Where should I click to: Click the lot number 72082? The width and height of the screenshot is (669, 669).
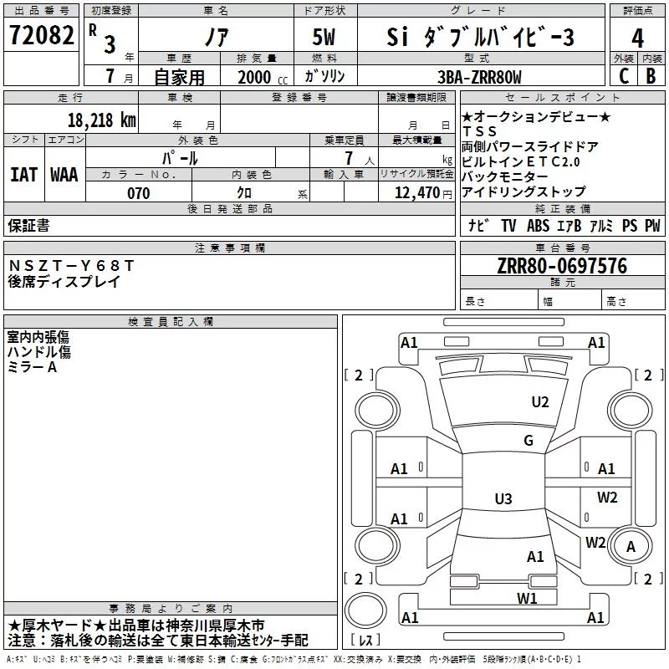(41, 36)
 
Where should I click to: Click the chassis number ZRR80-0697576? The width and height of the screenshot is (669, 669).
(562, 266)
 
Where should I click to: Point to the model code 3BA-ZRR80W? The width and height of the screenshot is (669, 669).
(479, 77)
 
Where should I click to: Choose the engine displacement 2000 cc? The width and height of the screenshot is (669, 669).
(256, 77)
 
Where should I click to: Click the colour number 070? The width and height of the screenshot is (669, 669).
(138, 193)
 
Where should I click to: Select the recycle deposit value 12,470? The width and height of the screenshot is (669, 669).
(416, 193)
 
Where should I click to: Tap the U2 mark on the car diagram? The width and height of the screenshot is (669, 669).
(540, 402)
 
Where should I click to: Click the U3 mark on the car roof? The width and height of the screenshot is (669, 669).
(503, 499)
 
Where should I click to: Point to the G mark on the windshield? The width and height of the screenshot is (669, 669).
(529, 441)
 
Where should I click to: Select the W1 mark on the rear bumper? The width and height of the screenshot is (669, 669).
(526, 598)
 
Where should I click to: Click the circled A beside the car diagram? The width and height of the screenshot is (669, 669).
(631, 546)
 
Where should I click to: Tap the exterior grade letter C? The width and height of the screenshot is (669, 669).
(623, 76)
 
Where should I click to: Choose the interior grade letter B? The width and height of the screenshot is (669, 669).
(651, 76)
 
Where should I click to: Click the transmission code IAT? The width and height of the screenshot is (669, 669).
(23, 175)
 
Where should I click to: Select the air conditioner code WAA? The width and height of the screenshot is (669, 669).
(64, 175)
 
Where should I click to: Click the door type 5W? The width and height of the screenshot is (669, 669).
(325, 38)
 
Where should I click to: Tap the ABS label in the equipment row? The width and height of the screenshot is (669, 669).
(539, 226)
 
